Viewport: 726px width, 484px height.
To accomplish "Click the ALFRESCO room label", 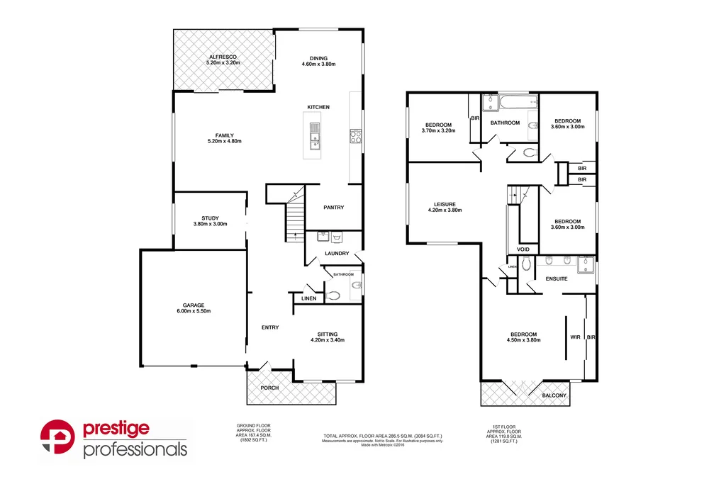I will tap(223, 56).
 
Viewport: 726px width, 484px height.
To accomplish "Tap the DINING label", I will tap(318, 58).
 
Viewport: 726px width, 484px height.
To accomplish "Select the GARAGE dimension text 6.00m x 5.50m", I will tap(193, 311).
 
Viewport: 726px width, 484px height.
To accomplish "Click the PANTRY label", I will tap(333, 208).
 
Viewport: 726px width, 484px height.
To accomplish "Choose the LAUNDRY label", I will tap(336, 253).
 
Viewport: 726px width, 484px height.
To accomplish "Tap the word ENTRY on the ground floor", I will tap(270, 327).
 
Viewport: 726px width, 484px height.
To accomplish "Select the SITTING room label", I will tap(327, 334).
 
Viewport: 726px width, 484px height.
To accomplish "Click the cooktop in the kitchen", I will tap(355, 136).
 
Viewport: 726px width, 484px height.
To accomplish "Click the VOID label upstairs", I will tap(524, 249).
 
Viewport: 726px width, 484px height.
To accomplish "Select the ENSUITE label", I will tap(556, 278).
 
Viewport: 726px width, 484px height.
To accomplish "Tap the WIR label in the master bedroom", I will tap(575, 337).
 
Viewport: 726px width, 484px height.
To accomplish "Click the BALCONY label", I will tap(554, 395).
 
